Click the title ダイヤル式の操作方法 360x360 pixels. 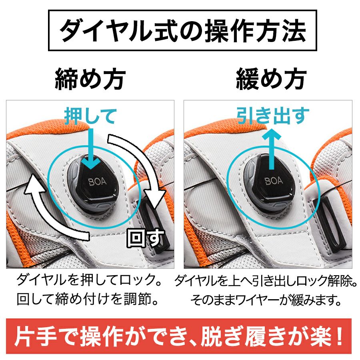(x=182, y=30)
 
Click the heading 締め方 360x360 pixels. (x=90, y=79)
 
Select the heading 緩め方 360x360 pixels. (x=271, y=79)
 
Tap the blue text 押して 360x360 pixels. (x=90, y=116)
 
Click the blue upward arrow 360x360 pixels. (x=272, y=149)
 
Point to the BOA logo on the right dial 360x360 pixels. (x=274, y=181)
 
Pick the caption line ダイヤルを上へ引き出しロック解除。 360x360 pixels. (x=266, y=280)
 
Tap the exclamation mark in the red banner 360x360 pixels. (x=339, y=336)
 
